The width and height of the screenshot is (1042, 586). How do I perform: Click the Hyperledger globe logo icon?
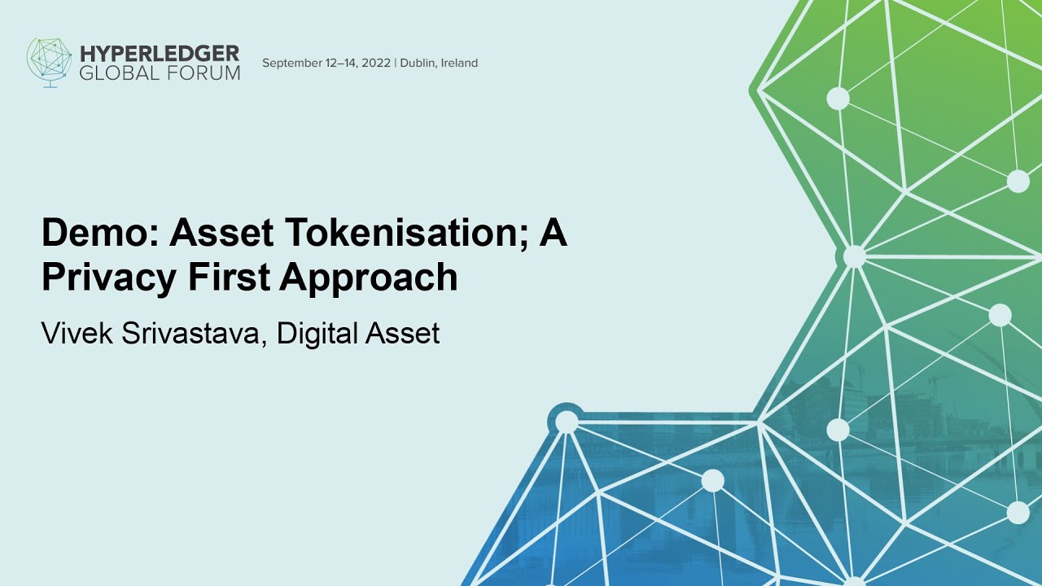pyautogui.click(x=49, y=61)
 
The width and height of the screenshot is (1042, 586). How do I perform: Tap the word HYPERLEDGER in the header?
pyautogui.click(x=160, y=54)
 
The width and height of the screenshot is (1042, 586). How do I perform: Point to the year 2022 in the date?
pyautogui.click(x=374, y=63)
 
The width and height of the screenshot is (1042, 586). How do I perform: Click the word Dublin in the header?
pyautogui.click(x=418, y=63)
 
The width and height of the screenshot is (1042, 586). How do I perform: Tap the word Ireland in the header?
pyautogui.click(x=459, y=63)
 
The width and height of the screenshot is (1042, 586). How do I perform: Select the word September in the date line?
pyautogui.click(x=292, y=63)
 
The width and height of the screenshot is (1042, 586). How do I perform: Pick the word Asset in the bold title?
pyautogui.click(x=221, y=234)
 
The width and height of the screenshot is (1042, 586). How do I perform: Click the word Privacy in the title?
pyautogui.click(x=108, y=278)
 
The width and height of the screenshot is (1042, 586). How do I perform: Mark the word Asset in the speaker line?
pyautogui.click(x=402, y=334)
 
